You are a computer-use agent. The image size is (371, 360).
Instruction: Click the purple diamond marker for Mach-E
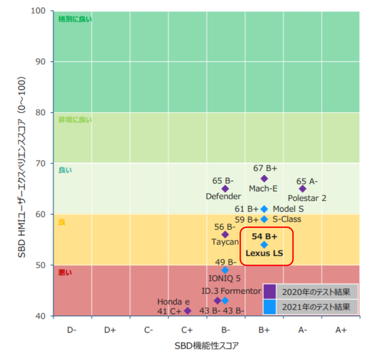click(264, 179)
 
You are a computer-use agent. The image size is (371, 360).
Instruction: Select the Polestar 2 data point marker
click(303, 189)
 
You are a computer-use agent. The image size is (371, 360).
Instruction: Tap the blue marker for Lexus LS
click(264, 245)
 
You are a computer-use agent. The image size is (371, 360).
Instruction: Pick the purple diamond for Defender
click(225, 189)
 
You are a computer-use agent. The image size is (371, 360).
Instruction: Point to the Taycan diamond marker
click(225, 234)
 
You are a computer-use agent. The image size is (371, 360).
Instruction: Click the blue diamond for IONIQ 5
click(225, 270)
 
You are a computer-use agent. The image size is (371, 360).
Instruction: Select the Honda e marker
click(188, 311)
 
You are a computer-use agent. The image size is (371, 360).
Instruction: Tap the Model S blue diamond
click(264, 209)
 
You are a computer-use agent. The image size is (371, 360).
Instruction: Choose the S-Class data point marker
click(264, 219)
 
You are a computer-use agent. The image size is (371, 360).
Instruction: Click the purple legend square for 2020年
click(270, 291)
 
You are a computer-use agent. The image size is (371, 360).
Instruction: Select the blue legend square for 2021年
click(270, 307)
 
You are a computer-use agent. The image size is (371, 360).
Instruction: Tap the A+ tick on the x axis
click(341, 330)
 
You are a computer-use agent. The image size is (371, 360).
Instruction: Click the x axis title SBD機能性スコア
click(207, 346)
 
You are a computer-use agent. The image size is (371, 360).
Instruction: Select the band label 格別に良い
click(75, 19)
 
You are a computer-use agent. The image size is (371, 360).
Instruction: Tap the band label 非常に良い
click(75, 120)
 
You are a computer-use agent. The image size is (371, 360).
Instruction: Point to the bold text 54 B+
click(264, 236)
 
